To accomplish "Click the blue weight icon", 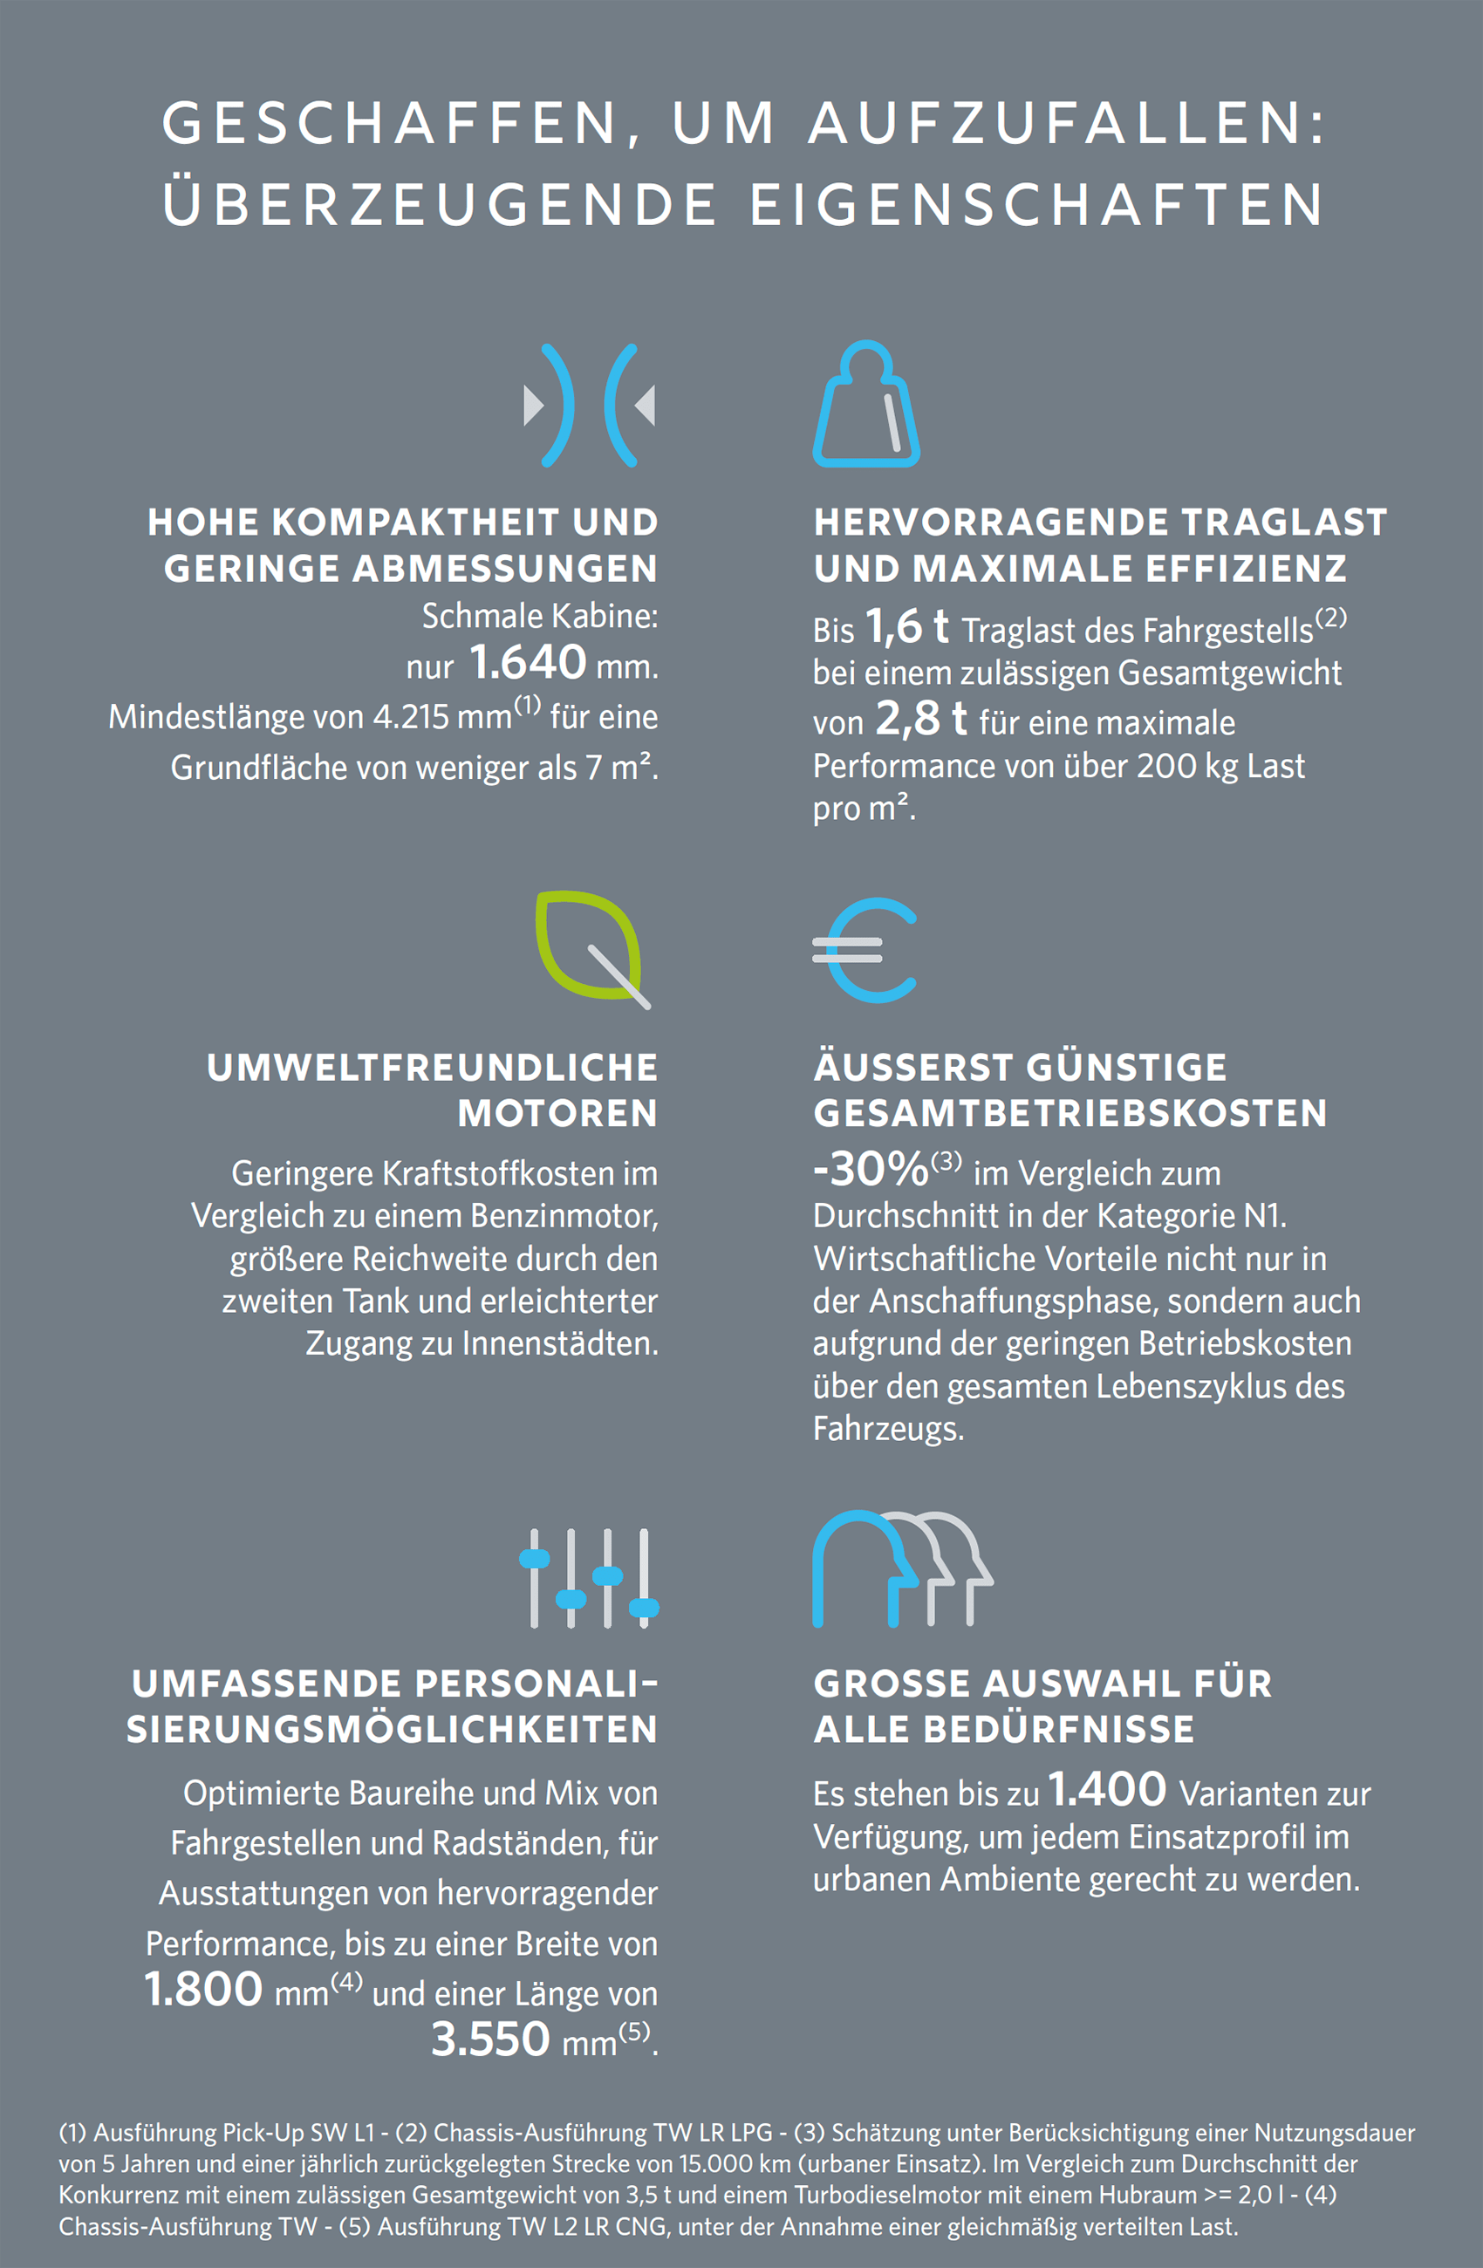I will [x=865, y=405].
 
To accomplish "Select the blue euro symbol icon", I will [x=865, y=950].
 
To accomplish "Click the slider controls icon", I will [x=589, y=1578].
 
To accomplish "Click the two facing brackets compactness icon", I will [x=589, y=405].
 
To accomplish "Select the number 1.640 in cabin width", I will [x=528, y=662].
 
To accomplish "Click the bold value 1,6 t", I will [x=906, y=627].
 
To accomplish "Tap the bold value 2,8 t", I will [x=920, y=719].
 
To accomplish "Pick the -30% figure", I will [x=870, y=1169].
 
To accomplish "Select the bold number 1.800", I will [x=203, y=1990].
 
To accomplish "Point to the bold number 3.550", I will [x=491, y=2039].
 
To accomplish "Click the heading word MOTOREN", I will [x=557, y=1113].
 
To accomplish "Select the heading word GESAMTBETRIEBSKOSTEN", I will [x=1070, y=1113].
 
